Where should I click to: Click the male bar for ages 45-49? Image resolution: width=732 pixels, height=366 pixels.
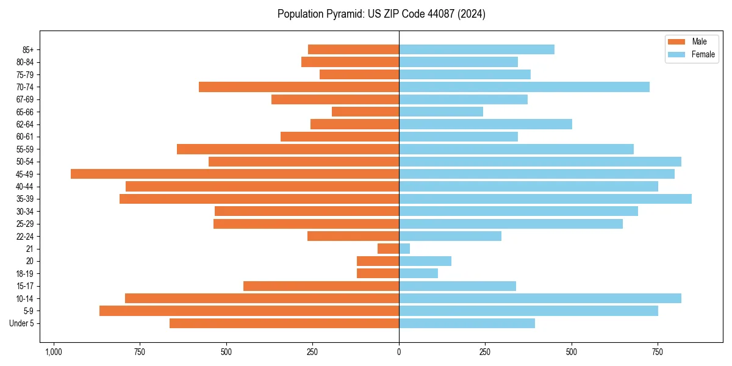tap(235, 174)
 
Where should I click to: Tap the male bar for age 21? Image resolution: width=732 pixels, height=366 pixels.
tap(388, 248)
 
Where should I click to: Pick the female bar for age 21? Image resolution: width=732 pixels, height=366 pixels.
tap(404, 248)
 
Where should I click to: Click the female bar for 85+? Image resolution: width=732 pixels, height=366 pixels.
tap(476, 49)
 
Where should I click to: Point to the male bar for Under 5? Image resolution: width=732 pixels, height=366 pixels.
tap(284, 323)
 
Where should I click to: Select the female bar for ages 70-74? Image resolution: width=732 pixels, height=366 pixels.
tap(524, 87)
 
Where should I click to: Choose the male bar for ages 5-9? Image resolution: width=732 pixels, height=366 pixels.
tap(249, 310)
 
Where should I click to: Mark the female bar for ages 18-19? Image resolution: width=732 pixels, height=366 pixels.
tap(418, 273)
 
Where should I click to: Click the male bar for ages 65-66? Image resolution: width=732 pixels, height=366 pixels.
tap(365, 112)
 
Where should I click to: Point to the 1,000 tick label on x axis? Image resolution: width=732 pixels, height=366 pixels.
tap(54, 352)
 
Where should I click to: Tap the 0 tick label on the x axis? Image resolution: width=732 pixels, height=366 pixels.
tap(399, 352)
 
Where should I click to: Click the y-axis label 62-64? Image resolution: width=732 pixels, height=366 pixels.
tap(25, 124)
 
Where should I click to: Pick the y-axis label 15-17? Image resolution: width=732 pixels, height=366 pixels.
tap(25, 286)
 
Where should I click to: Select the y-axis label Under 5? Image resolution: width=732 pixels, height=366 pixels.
tap(22, 323)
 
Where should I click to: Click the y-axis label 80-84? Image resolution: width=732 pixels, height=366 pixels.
tap(25, 62)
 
